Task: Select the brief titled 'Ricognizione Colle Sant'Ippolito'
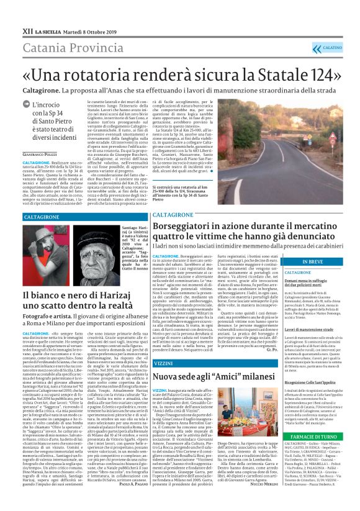click(x=321, y=399)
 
